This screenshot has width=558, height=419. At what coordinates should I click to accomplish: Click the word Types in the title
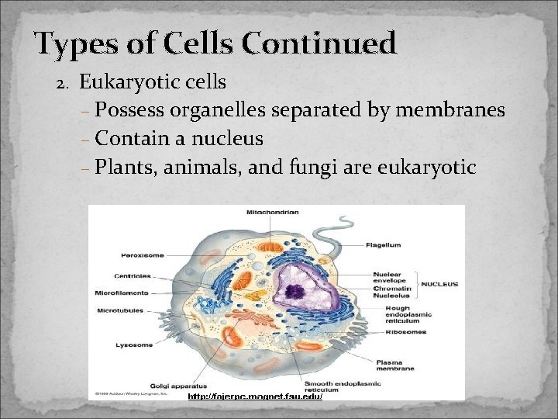pyautogui.click(x=76, y=44)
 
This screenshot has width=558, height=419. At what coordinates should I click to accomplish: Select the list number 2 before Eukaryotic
pyautogui.click(x=66, y=82)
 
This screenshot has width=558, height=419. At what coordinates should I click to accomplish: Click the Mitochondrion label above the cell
pyautogui.click(x=271, y=212)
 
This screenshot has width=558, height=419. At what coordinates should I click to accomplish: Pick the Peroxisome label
pyautogui.click(x=142, y=255)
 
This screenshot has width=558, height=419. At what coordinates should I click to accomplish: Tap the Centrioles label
pyautogui.click(x=133, y=275)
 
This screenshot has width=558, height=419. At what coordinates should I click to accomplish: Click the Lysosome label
pyautogui.click(x=135, y=345)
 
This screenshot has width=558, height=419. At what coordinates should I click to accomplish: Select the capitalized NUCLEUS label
pyautogui.click(x=439, y=284)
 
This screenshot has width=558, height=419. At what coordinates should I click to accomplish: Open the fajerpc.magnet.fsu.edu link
pyautogui.click(x=255, y=396)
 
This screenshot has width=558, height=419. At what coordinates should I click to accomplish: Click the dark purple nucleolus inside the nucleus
pyautogui.click(x=294, y=292)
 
